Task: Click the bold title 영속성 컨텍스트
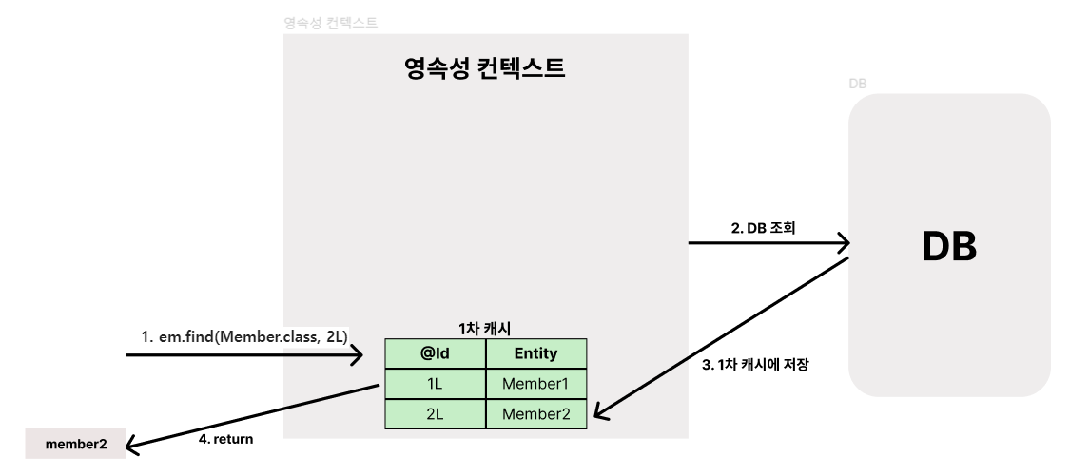484,67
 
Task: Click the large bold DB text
949,246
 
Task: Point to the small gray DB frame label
857,85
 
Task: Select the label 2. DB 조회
761,228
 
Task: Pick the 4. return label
226,439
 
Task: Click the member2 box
76,444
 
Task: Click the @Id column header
435,353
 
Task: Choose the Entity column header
535,353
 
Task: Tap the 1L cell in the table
435,384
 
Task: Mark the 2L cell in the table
435,413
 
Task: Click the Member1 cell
535,384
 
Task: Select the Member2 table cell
535,413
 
